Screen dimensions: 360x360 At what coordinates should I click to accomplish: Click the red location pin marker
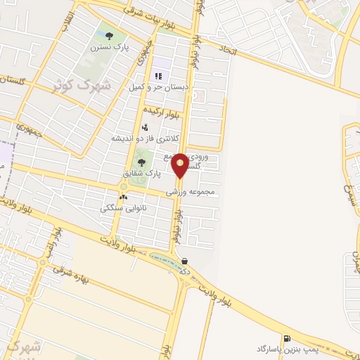coord(180,165)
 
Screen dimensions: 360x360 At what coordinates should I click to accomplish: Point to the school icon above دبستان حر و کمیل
coord(157,75)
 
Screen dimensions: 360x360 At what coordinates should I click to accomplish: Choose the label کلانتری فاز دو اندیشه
coord(146,139)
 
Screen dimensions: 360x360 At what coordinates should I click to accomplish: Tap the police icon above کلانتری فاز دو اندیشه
coord(145,127)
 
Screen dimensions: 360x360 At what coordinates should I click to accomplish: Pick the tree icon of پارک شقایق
coord(142,162)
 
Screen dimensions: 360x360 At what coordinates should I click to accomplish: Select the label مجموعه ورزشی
coord(190,191)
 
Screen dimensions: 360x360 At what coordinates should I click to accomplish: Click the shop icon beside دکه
coord(184,260)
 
